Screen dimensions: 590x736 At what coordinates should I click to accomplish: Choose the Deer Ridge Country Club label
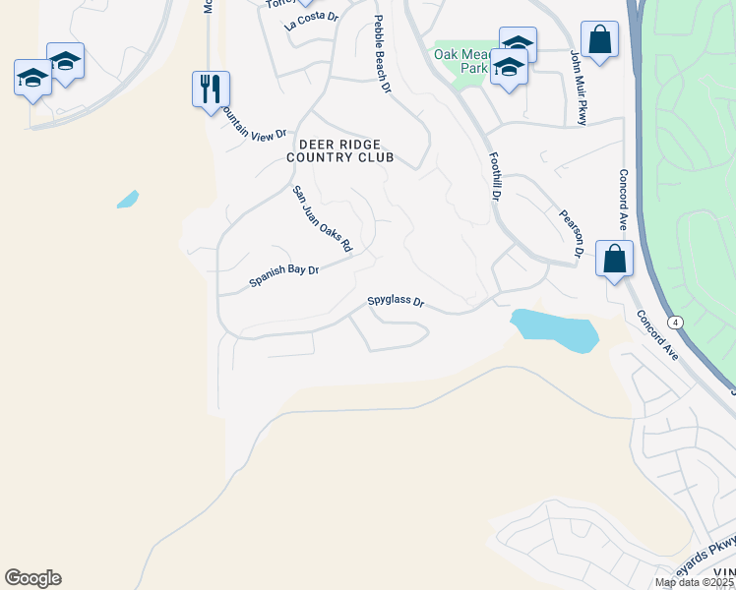pyautogui.click(x=339, y=150)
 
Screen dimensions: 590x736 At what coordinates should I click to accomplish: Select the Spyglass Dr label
pyautogui.click(x=395, y=302)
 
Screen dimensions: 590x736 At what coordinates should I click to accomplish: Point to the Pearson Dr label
pyautogui.click(x=572, y=233)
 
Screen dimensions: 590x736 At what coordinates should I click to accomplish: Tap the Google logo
pyautogui.click(x=32, y=578)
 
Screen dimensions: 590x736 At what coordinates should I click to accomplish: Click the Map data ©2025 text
pyautogui.click(x=695, y=582)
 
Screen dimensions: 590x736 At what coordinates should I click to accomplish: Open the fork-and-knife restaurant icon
pyautogui.click(x=211, y=89)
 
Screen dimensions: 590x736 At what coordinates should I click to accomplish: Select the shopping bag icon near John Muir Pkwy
pyautogui.click(x=598, y=40)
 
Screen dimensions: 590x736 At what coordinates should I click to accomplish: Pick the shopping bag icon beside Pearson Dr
pyautogui.click(x=614, y=260)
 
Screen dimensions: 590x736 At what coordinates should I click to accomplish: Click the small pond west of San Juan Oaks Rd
pyautogui.click(x=127, y=200)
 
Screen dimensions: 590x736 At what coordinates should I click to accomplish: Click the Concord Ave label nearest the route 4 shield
pyautogui.click(x=656, y=335)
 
